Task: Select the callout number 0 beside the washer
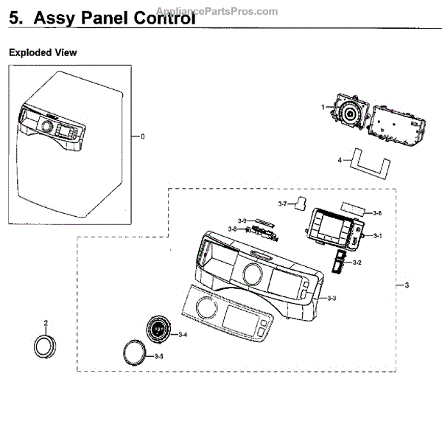[143, 136]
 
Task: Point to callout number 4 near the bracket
[340, 160]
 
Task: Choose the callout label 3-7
[282, 203]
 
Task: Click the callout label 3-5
[159, 357]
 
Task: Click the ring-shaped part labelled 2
[46, 344]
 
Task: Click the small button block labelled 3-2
[339, 262]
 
